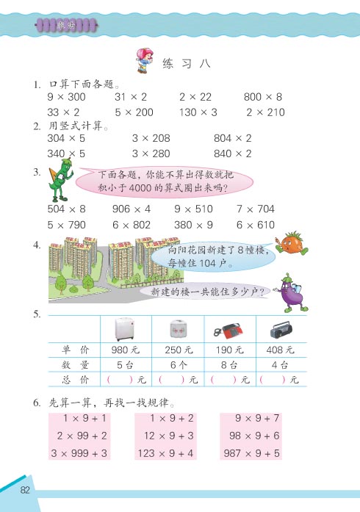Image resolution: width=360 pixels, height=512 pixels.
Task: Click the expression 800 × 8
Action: tap(262, 97)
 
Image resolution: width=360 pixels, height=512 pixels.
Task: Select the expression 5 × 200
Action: tap(134, 112)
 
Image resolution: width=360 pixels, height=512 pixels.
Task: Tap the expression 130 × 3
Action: tap(198, 112)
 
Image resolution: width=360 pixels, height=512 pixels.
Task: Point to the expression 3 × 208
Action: tap(151, 138)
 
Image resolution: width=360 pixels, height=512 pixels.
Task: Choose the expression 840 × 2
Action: tap(232, 154)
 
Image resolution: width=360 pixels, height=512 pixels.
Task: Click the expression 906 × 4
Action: tap(132, 209)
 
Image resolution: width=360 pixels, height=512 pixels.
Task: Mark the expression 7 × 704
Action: tap(255, 209)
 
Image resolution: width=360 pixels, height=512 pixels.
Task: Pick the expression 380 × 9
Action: tap(193, 225)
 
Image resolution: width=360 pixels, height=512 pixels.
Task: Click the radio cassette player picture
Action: tap(281, 328)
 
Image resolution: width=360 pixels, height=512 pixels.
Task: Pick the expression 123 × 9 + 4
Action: tap(167, 453)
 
